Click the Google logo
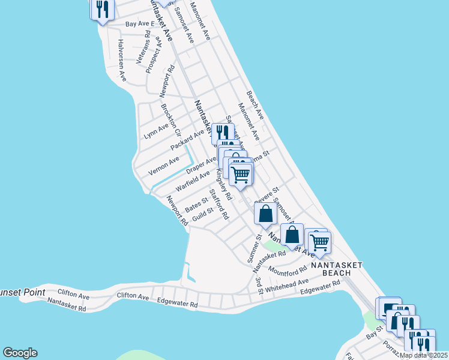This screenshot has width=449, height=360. [x=20, y=353]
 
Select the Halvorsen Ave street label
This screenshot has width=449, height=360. [x=121, y=61]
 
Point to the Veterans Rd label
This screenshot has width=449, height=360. [x=148, y=43]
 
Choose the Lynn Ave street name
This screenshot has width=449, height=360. [x=156, y=131]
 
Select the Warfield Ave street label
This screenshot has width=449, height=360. [x=192, y=181]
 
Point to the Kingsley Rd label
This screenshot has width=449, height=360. [x=223, y=184]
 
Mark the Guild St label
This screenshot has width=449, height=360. [x=203, y=215]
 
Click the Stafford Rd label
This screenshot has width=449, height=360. [x=218, y=204]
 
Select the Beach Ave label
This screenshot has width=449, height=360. [x=255, y=104]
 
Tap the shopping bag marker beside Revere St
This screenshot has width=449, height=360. [x=265, y=214]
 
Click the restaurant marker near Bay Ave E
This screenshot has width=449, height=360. [x=102, y=10]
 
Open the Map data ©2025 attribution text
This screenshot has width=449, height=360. [x=423, y=355]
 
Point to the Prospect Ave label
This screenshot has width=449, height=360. [x=154, y=56]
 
